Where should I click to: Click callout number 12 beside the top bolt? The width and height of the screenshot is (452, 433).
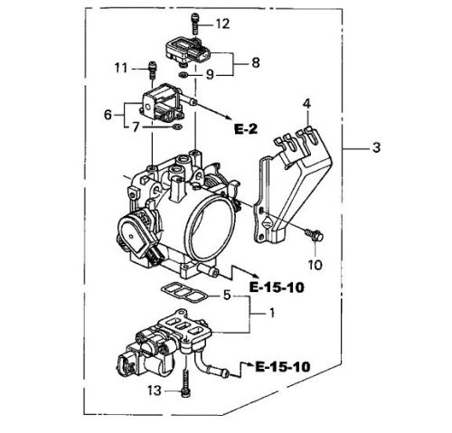(x=222, y=24)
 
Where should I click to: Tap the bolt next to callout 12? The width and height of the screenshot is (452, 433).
(x=195, y=24)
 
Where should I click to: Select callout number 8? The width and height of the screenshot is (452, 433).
(x=255, y=62)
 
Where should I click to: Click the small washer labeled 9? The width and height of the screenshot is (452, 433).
(x=184, y=75)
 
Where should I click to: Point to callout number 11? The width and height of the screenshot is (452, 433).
(x=121, y=69)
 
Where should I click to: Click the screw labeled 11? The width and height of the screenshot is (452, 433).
(x=153, y=70)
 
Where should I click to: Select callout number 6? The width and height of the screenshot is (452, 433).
(x=108, y=115)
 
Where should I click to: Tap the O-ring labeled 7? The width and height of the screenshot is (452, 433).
(x=177, y=127)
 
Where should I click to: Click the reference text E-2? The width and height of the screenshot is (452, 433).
(x=246, y=129)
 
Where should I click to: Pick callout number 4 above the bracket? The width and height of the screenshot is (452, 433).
(x=306, y=104)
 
